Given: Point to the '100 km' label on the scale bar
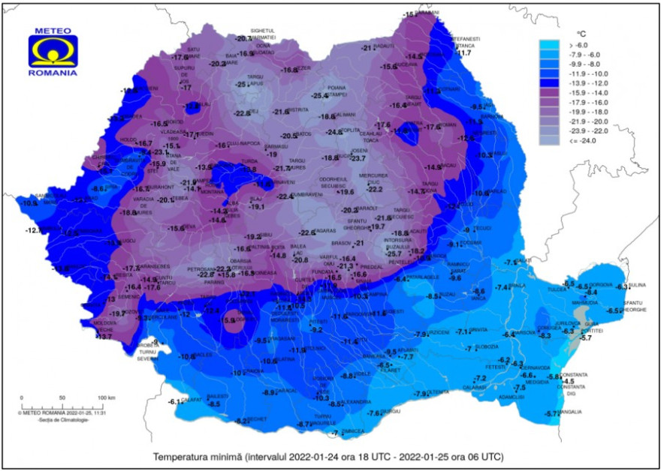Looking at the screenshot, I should (106, 397).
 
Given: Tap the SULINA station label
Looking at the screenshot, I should (637, 285).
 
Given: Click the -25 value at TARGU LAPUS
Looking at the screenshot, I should (241, 85).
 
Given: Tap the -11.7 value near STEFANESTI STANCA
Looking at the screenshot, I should (464, 52).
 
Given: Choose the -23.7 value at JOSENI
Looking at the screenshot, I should (358, 158).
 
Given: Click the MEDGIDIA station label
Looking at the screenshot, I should (537, 382).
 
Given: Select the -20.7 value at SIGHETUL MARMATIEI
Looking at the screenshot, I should (243, 38).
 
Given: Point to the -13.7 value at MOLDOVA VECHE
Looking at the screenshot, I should (104, 337).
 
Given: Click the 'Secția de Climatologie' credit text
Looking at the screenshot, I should (63, 420).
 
